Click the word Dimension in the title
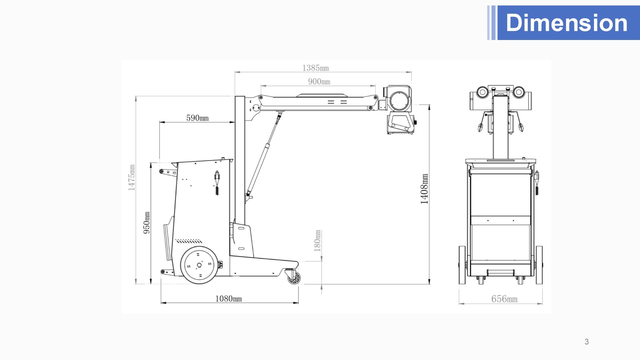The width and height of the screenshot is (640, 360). [567, 23]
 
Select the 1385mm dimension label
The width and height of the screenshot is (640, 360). [316, 68]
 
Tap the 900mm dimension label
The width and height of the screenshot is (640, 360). [319, 82]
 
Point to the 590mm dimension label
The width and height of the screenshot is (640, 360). [197, 118]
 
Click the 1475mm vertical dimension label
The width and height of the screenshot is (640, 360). [132, 178]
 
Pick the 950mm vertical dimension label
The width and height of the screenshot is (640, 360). [146, 223]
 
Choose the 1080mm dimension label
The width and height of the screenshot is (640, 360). [228, 299]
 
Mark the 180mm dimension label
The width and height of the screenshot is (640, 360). [317, 241]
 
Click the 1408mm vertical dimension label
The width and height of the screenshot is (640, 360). [424, 189]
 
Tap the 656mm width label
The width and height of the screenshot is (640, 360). [504, 299]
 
